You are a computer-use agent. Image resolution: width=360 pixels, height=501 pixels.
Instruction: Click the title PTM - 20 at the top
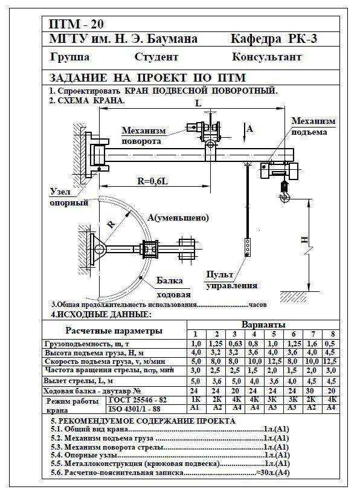pos(76,24)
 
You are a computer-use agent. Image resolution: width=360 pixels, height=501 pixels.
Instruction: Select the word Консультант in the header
pos(267,57)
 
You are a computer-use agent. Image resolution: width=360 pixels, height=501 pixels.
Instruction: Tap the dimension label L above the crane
pos(198,103)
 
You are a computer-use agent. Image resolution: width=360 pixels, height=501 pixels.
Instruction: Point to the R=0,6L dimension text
pos(153,181)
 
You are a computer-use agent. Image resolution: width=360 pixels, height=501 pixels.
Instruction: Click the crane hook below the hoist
pos(284,192)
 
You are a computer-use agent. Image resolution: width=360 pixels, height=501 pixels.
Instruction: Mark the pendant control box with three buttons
pos(248,247)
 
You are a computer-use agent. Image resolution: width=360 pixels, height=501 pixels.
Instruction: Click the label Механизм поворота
pos(144,136)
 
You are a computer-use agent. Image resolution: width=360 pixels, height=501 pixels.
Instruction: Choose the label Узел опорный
pos(69,197)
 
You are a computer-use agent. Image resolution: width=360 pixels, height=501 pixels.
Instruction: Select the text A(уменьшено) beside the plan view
pos(178,218)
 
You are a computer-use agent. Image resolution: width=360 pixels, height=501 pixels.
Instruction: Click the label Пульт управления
pos(231,280)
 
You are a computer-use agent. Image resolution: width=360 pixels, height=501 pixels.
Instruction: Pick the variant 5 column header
pos(274,334)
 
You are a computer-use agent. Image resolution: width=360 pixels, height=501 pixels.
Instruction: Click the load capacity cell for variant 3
pos(235,344)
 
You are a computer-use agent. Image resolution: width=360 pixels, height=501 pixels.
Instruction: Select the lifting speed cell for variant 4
pos(254,361)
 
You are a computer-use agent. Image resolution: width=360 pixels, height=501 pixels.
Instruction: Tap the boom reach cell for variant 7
pos(312,381)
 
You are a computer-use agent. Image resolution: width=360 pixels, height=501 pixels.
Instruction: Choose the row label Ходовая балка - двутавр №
pos(92,391)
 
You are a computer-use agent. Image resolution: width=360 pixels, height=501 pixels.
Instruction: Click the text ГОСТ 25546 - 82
pos(138,400)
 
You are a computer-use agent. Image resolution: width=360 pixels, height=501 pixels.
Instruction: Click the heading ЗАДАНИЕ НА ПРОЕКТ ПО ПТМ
pos(147,77)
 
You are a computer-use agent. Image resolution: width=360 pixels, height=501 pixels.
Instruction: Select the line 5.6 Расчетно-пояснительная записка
pos(170,473)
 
